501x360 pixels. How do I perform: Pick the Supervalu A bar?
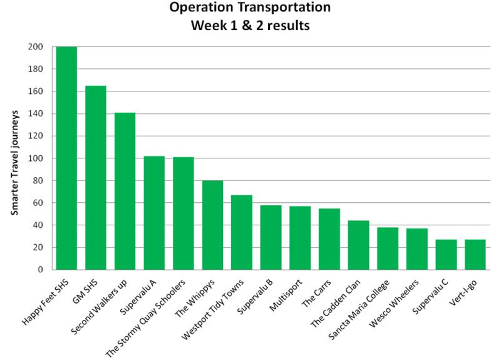(154, 213)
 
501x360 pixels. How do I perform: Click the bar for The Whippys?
(212, 225)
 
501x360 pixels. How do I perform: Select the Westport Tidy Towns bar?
(241, 232)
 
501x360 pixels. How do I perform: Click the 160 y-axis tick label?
(36, 91)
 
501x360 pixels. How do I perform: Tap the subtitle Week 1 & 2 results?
(250, 26)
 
